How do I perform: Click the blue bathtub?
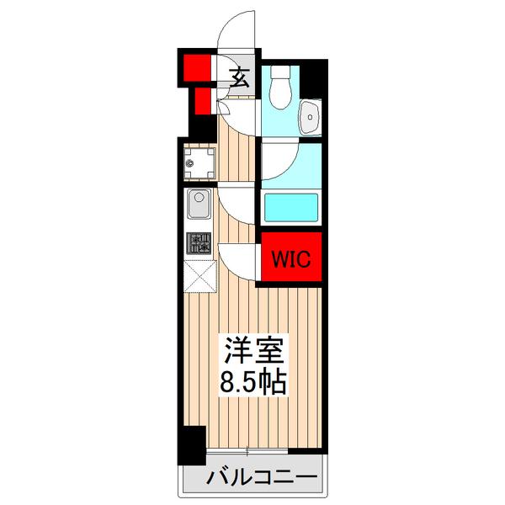(x=290, y=208)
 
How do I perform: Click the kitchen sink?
(x=200, y=205)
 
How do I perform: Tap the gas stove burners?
(x=200, y=244)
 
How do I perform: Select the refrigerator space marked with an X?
(x=200, y=275)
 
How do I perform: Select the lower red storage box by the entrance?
(x=202, y=102)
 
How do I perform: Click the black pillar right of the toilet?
(x=313, y=80)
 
